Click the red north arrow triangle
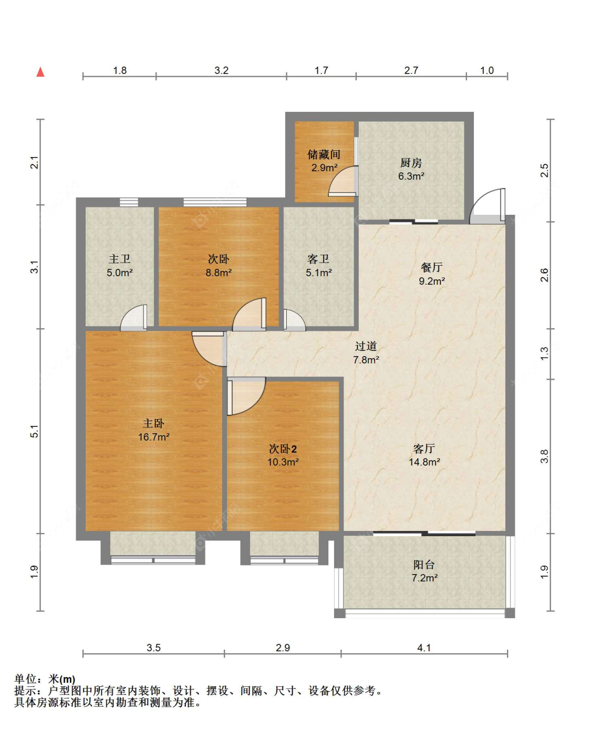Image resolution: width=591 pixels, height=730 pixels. [40, 72]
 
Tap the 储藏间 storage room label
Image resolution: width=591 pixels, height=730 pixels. [324, 154]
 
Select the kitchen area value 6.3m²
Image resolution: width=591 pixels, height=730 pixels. [411, 176]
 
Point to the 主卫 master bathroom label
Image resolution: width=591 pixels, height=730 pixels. [119, 259]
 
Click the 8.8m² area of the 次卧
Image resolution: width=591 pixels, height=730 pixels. [219, 273]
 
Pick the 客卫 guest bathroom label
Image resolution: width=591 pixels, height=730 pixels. [318, 259]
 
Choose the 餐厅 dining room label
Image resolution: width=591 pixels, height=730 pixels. [432, 267]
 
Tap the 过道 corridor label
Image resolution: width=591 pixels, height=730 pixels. [366, 346]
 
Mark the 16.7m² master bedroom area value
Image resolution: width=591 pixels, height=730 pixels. [153, 437]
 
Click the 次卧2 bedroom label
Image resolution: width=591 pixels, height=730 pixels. [283, 449]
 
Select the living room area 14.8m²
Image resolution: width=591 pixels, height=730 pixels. [424, 462]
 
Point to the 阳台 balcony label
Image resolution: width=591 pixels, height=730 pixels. [424, 565]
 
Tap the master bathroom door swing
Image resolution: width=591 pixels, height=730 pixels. [133, 318]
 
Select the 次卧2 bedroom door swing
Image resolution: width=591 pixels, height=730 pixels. [246, 396]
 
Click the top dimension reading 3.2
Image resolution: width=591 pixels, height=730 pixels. [222, 70]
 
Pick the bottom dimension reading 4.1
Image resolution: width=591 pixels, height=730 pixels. [424, 648]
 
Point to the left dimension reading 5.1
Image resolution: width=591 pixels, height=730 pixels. [35, 431]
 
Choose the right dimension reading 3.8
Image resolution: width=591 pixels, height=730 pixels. [545, 456]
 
